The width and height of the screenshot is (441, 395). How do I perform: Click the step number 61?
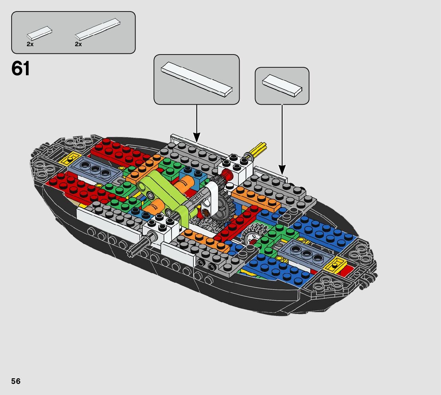point(21,69)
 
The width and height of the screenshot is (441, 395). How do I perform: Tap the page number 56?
point(16,381)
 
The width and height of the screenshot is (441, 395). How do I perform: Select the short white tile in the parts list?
point(39,32)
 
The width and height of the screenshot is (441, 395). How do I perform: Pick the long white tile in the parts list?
point(98,29)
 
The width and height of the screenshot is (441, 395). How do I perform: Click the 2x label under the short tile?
point(30,44)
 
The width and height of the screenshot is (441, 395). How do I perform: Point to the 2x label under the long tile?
point(78,44)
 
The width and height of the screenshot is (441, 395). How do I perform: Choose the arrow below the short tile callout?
point(282,137)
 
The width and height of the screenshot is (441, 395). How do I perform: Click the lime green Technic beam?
point(167,195)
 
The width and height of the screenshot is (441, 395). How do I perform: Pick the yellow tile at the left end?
point(71,158)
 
